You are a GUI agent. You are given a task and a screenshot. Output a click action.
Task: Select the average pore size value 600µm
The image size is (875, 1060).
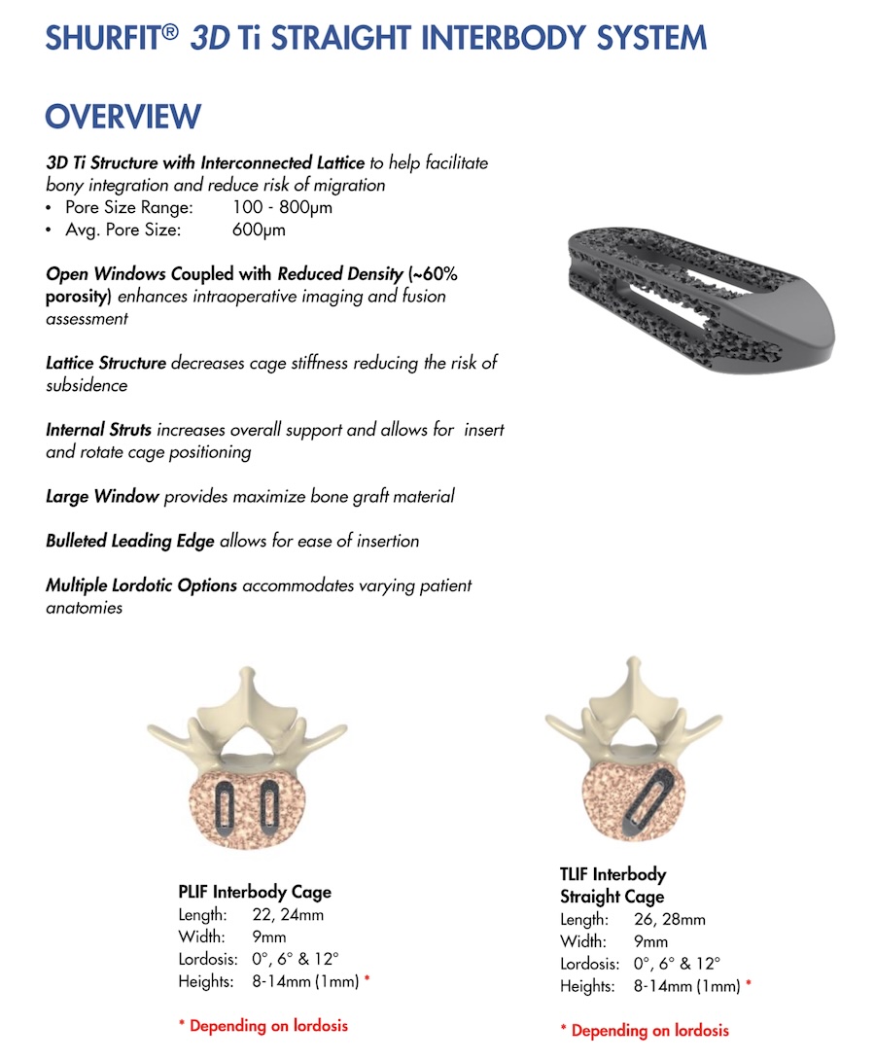[260, 230]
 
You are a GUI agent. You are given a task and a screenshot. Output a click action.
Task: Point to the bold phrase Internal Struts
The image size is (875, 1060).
[98, 429]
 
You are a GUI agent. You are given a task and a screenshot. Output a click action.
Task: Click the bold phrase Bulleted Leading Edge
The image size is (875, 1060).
[130, 541]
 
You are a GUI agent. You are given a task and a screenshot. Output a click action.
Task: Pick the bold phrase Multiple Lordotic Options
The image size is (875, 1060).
[142, 585]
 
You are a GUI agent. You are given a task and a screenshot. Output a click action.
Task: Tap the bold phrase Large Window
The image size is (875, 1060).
[102, 496]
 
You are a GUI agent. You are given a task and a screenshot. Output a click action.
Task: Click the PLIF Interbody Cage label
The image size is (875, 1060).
[255, 892]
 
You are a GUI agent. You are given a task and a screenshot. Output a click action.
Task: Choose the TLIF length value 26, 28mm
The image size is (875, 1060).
[670, 919]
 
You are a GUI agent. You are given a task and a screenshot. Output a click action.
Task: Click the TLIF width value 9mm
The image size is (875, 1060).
[650, 941]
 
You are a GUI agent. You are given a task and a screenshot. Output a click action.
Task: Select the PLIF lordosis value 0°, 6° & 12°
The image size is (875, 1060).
[289, 959]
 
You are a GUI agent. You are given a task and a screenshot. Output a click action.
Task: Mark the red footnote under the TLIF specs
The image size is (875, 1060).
[645, 1030]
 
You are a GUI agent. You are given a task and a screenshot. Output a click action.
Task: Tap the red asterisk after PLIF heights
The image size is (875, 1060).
[367, 980]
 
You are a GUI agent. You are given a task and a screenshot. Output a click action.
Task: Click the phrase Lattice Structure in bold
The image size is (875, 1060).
[106, 363]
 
